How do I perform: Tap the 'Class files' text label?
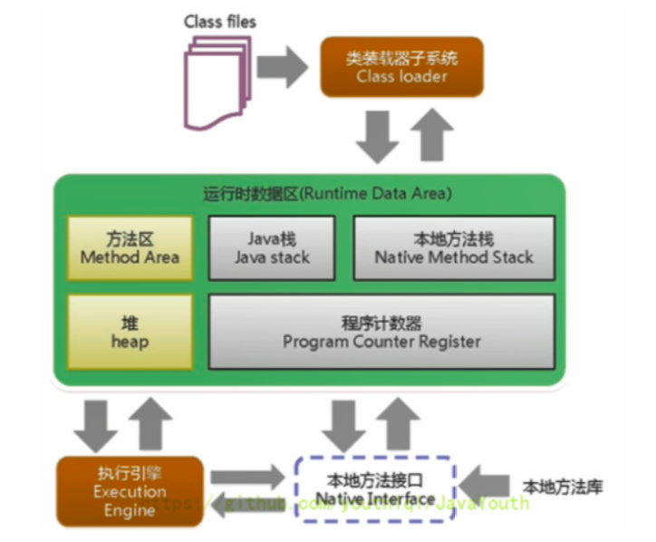click(219, 21)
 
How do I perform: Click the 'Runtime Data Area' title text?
click(327, 194)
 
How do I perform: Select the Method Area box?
click(130, 247)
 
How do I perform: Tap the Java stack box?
click(272, 247)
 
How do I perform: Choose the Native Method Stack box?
click(453, 247)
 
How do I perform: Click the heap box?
click(130, 332)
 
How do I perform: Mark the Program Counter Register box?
click(381, 332)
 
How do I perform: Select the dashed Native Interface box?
click(375, 490)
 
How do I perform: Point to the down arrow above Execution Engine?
click(95, 424)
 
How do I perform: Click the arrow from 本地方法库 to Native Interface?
click(487, 488)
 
